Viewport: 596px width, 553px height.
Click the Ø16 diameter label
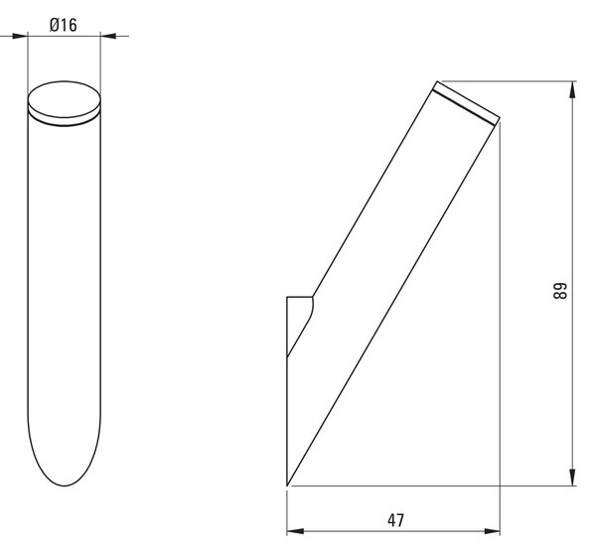(64, 25)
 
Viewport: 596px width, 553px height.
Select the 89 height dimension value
(559, 291)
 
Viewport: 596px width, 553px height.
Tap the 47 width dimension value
(395, 520)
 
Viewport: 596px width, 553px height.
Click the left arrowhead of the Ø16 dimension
(20, 36)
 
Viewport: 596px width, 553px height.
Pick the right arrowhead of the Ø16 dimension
(108, 36)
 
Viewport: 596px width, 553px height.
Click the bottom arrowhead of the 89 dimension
(572, 477)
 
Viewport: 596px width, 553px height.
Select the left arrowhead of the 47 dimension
(295, 531)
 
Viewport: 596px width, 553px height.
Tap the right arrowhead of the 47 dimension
(492, 531)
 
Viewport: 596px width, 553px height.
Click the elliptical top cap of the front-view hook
(65, 99)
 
